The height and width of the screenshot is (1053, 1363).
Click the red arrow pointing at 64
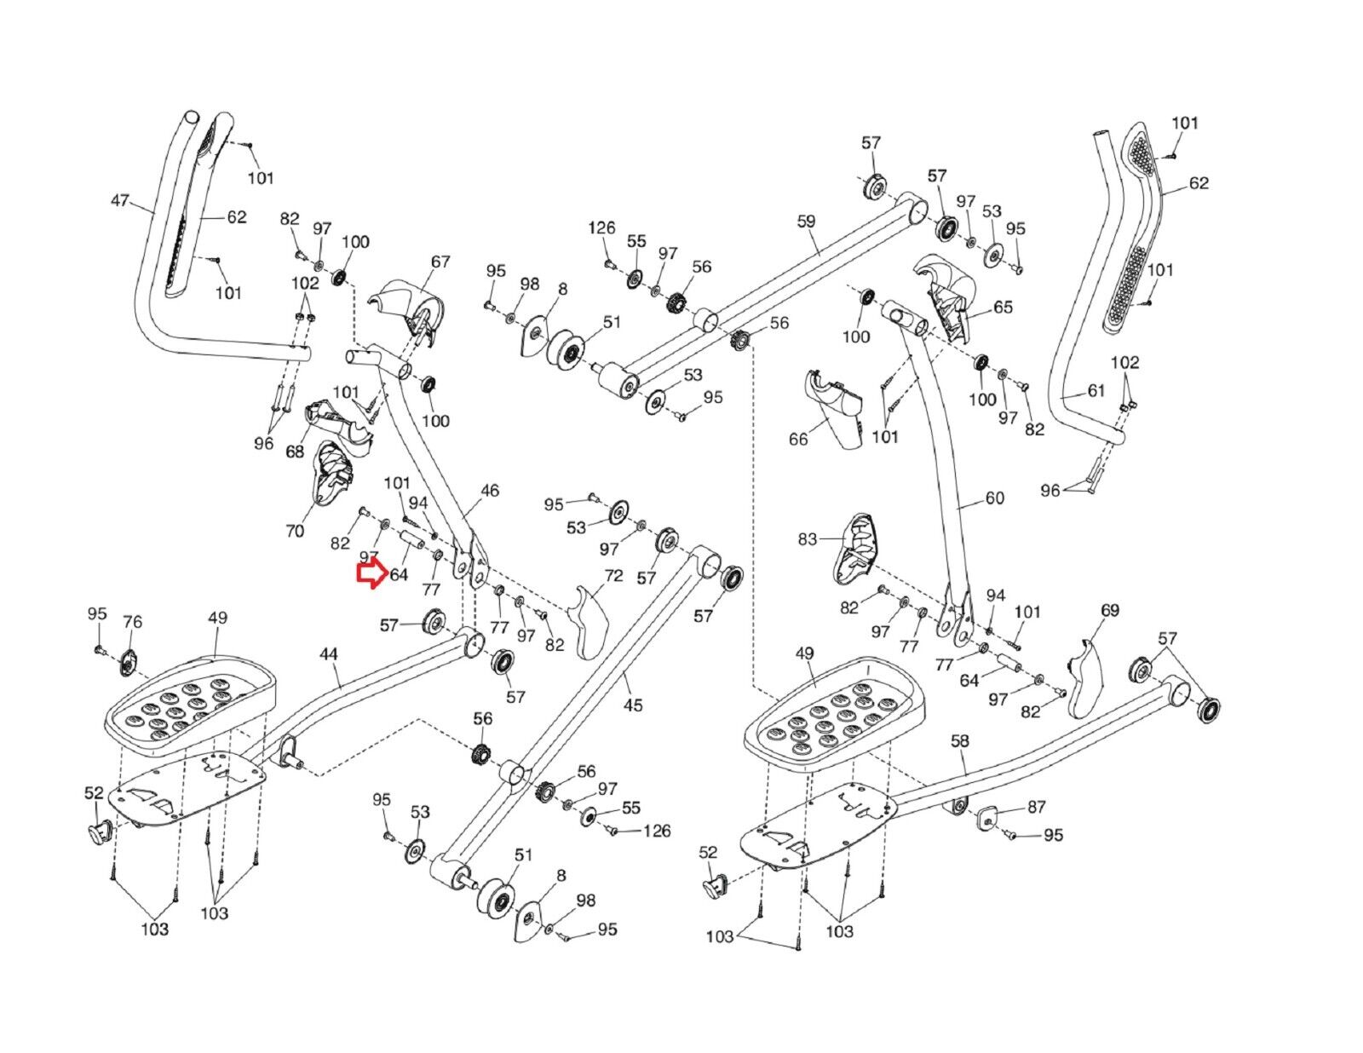click(x=372, y=575)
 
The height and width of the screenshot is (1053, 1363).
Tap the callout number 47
click(x=120, y=200)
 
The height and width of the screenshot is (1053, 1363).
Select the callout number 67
click(x=440, y=261)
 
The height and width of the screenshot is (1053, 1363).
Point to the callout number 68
click(x=295, y=451)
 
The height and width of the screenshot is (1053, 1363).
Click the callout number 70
click(x=295, y=531)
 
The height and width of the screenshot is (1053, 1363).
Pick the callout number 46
click(x=489, y=491)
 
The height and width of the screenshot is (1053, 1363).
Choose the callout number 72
click(x=613, y=575)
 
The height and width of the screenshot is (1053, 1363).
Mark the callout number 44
click(x=328, y=654)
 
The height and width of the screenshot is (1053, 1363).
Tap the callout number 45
click(x=633, y=705)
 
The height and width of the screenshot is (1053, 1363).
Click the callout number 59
click(x=806, y=221)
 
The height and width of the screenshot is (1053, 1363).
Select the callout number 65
click(x=1003, y=307)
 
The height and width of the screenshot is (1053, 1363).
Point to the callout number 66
click(x=798, y=439)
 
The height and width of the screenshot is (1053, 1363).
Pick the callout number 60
click(x=995, y=498)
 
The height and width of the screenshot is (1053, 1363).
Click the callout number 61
click(x=1096, y=391)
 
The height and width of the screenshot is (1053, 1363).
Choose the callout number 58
click(x=960, y=740)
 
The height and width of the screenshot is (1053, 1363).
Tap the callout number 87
click(x=1036, y=807)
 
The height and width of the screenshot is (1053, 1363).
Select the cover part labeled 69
click(x=1085, y=677)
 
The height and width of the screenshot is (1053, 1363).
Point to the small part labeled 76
click(x=129, y=663)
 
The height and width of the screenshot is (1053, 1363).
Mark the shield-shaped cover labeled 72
click(x=589, y=623)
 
